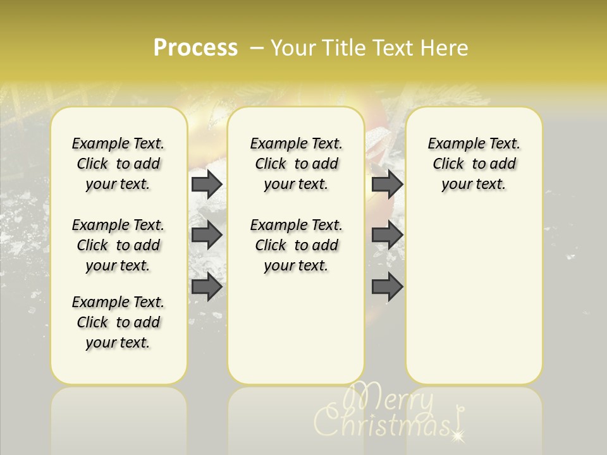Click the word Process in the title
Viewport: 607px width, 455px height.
pyautogui.click(x=195, y=48)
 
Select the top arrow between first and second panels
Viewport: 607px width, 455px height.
pyautogui.click(x=207, y=184)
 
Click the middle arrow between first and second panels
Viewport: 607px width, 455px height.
pyautogui.click(x=207, y=235)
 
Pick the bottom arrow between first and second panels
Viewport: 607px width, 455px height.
pyautogui.click(x=207, y=287)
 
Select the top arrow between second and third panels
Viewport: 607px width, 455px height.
pyautogui.click(x=387, y=184)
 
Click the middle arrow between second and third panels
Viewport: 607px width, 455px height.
pyautogui.click(x=387, y=235)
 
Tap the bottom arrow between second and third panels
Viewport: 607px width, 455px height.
pyautogui.click(x=387, y=287)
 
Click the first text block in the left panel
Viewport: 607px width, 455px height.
pyautogui.click(x=118, y=164)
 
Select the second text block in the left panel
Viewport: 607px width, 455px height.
pyautogui.click(x=118, y=245)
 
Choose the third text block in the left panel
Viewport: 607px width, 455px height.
pyautogui.click(x=118, y=322)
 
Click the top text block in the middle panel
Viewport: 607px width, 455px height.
pyautogui.click(x=297, y=164)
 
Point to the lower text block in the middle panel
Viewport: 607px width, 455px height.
pyautogui.click(x=297, y=245)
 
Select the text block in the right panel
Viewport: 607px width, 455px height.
pyautogui.click(x=474, y=164)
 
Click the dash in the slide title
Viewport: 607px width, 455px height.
pyautogui.click(x=257, y=48)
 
